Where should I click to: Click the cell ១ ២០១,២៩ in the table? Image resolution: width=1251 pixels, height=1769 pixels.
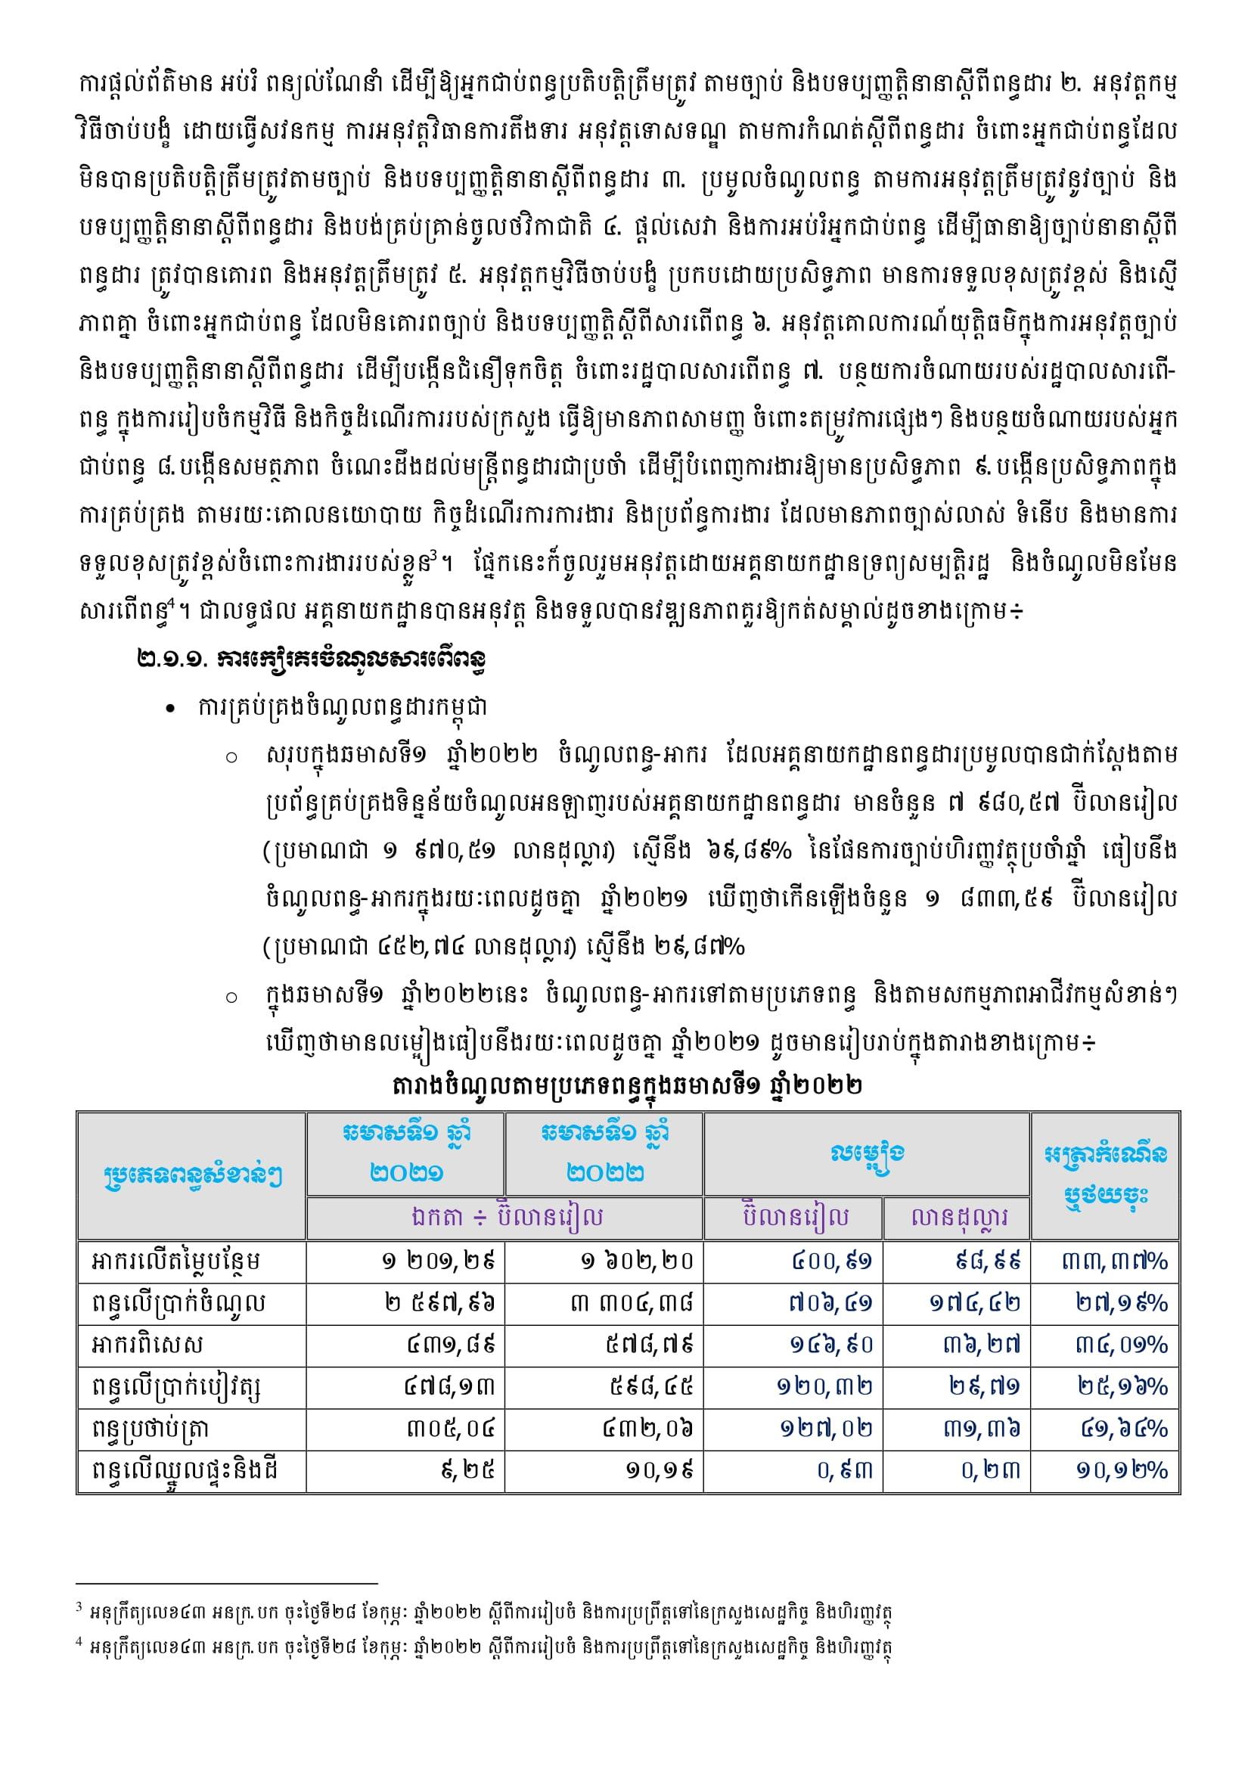point(436,1262)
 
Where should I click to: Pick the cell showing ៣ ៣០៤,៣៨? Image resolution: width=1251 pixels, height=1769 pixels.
point(632,1303)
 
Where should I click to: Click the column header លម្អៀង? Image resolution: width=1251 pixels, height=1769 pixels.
point(868,1154)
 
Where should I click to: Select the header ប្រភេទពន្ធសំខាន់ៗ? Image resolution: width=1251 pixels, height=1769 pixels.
point(192,1177)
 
